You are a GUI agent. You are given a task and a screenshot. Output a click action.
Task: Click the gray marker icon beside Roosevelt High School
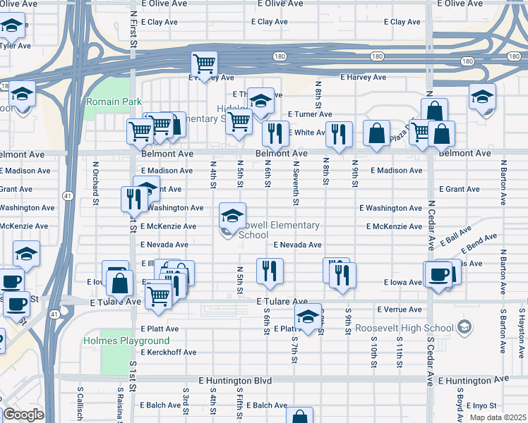[x=464, y=327]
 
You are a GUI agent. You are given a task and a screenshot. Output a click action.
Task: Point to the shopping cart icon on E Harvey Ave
[x=204, y=65]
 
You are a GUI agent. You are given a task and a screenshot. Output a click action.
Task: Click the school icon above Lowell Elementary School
[x=232, y=214]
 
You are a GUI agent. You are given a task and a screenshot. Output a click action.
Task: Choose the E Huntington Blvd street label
[x=235, y=380]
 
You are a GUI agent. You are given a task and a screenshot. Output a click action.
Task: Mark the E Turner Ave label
[x=310, y=114]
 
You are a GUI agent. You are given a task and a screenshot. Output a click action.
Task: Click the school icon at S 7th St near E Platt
[x=307, y=318]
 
